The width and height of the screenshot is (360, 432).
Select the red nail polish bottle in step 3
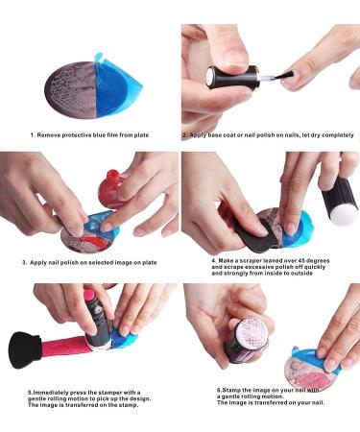[111, 190]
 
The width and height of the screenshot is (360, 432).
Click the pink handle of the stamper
[63, 348]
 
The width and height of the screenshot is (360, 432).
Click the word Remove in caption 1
[48, 135]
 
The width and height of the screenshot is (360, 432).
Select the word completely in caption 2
[338, 135]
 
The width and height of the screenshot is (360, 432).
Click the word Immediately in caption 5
[51, 393]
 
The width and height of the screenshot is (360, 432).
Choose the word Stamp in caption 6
[229, 390]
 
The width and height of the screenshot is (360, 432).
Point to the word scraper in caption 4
[252, 261]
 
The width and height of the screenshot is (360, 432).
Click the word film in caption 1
[112, 135]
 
